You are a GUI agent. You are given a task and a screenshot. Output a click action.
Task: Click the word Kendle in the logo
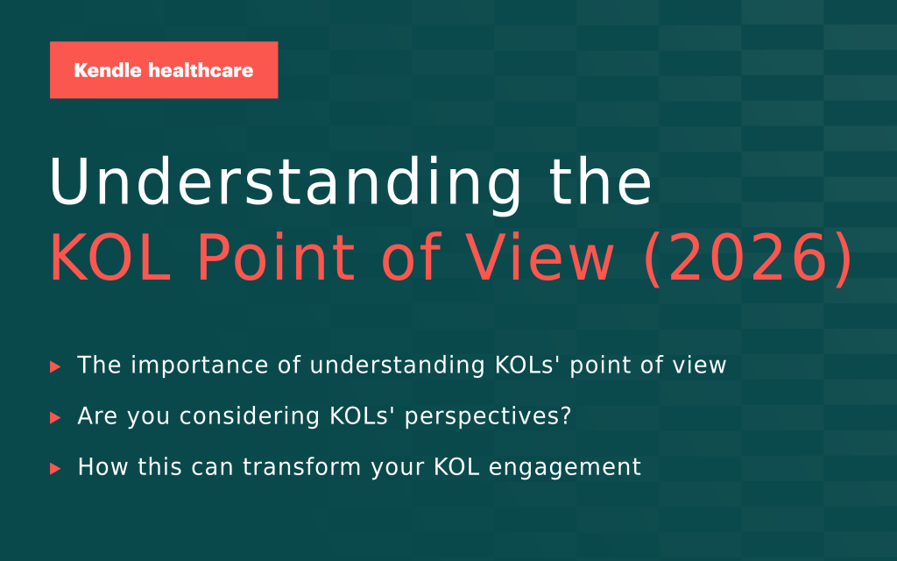click(x=108, y=70)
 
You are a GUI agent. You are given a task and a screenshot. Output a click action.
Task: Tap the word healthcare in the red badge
click(x=201, y=70)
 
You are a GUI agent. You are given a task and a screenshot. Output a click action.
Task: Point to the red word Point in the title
click(x=276, y=257)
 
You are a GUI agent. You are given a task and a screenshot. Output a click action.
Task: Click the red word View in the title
click(x=540, y=257)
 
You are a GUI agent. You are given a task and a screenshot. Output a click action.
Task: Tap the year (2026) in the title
click(x=748, y=259)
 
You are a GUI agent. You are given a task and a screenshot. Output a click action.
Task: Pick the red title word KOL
click(x=110, y=257)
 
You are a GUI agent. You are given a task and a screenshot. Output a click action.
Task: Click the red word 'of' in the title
click(x=411, y=257)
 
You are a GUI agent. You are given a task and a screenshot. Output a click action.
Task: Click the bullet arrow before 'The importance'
click(x=55, y=366)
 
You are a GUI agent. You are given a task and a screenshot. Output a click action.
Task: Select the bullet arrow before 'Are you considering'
click(x=55, y=417)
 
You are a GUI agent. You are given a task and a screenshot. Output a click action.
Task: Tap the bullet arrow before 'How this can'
click(x=55, y=468)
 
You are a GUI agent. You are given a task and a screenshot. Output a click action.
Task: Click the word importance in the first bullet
click(x=200, y=366)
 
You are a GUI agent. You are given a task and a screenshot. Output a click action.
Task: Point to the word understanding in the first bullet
click(x=398, y=366)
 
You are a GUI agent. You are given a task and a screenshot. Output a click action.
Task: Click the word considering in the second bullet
click(x=249, y=416)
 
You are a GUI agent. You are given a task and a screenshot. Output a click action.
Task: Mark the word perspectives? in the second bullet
click(x=488, y=417)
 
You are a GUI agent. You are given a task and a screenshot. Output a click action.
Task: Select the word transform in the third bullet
click(x=302, y=466)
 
